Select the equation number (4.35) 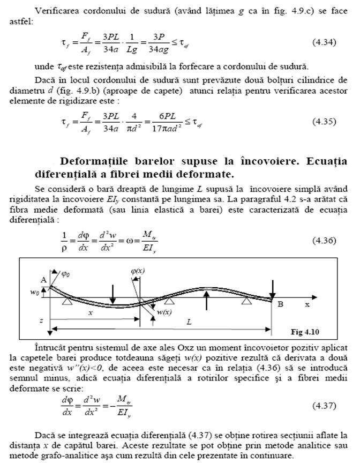tap(324, 121)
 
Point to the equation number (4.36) tap(324, 240)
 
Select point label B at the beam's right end tap(280, 304)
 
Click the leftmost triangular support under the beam tap(67, 303)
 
